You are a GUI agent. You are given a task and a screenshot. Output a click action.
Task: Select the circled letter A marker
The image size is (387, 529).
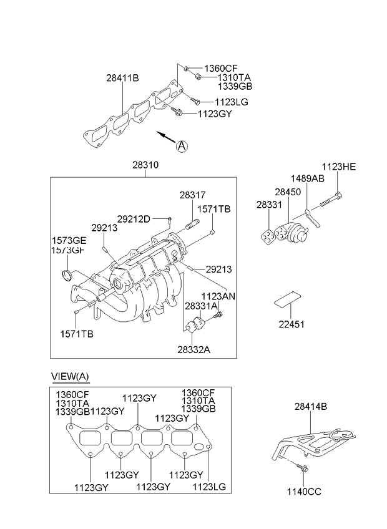181,146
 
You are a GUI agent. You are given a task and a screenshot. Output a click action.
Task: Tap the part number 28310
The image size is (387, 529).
145,166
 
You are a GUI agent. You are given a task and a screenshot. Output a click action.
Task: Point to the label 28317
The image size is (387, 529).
192,195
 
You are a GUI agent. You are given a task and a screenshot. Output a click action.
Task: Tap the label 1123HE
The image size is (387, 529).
338,167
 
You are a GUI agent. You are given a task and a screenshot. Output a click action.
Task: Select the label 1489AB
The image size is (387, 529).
307,178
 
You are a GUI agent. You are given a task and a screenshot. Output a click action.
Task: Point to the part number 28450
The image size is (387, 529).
288,192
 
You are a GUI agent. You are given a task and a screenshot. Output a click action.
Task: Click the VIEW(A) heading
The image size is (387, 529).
70,376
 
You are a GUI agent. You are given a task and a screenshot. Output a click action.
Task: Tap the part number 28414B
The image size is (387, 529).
311,407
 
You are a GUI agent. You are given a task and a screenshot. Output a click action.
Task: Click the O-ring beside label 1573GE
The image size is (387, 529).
67,275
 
